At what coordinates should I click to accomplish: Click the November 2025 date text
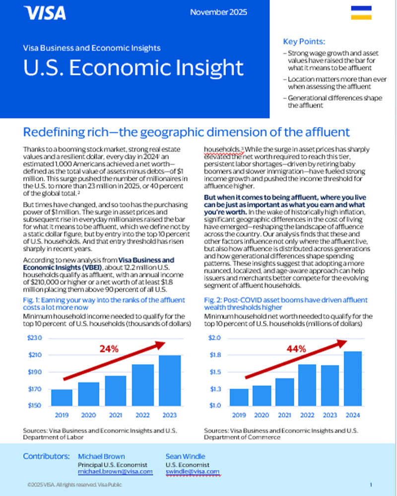pos(218,12)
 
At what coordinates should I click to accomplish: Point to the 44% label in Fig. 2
pos(297,349)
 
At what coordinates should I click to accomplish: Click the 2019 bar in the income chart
pos(62,397)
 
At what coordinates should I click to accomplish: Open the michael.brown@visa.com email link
pos(115,471)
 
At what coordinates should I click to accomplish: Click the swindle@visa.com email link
pos(192,471)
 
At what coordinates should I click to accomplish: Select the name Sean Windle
pos(186,455)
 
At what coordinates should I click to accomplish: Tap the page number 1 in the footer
pos(371,484)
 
